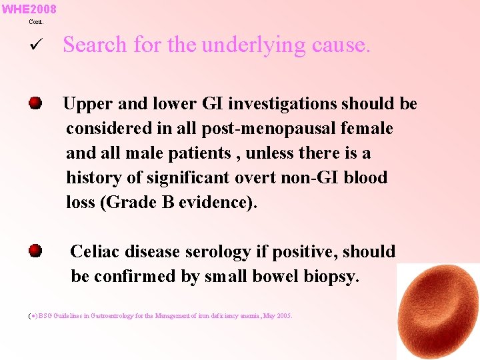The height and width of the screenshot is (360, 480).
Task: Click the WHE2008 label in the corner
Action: pos(29,9)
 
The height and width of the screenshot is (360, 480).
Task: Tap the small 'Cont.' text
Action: pos(36,22)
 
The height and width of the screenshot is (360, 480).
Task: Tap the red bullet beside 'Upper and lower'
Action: pos(35,103)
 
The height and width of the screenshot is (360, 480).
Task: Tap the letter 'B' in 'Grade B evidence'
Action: pos(168,203)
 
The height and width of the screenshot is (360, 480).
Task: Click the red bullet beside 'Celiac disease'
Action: pos(35,251)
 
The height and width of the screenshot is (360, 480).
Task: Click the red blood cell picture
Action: pos(436,311)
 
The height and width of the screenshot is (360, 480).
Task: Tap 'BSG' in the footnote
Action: pos(45,316)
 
